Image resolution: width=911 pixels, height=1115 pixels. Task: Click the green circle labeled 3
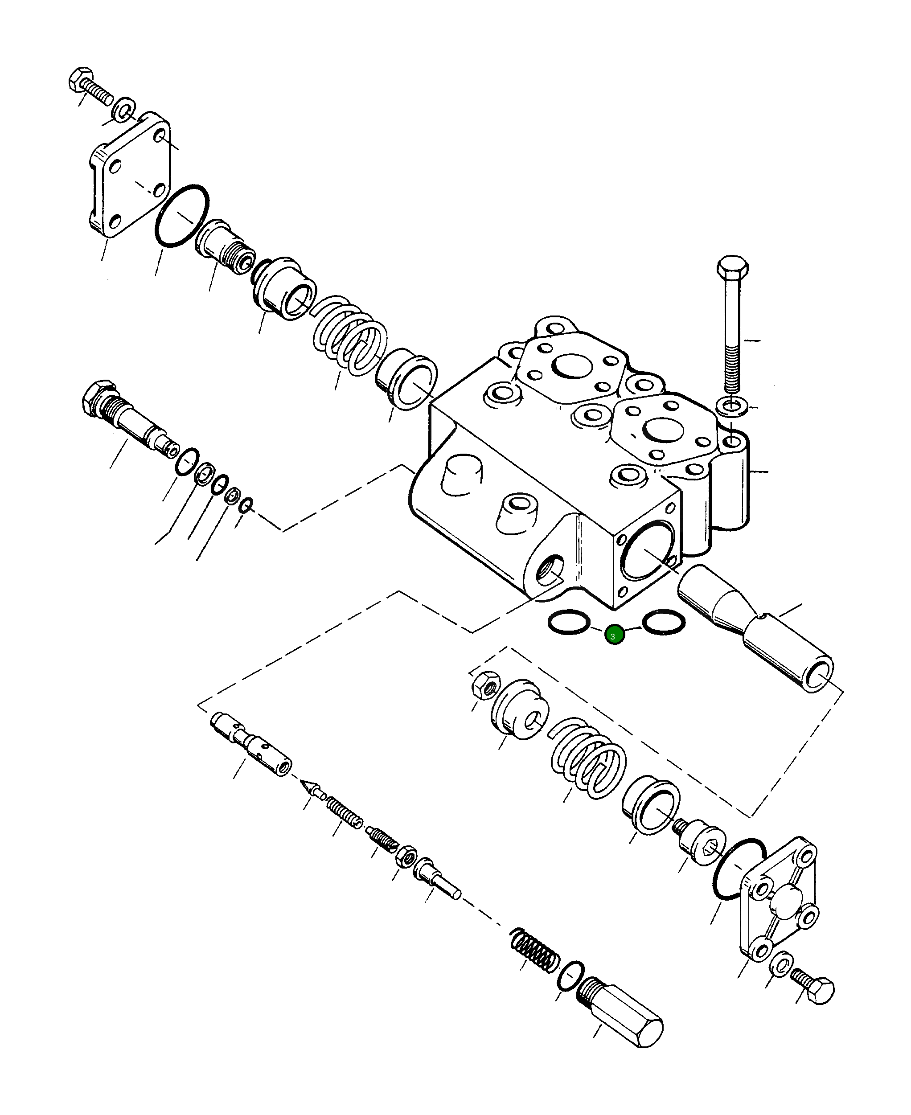tap(614, 635)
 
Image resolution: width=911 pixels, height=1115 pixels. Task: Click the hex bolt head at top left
tap(80, 80)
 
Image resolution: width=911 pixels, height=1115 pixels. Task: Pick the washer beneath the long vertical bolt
tap(733, 406)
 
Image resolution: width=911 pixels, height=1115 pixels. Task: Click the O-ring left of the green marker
tap(568, 622)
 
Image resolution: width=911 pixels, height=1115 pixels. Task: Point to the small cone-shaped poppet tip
tap(310, 787)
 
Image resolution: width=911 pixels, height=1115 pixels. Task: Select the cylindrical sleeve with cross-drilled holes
tap(252, 745)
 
